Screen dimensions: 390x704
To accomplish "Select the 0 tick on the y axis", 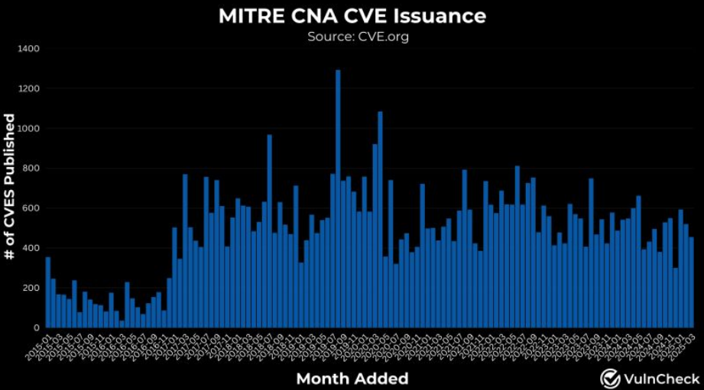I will (37, 327).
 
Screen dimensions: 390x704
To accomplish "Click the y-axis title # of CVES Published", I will (11, 187).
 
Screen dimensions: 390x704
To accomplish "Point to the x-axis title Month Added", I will (352, 379).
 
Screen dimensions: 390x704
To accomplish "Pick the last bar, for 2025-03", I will (692, 282).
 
